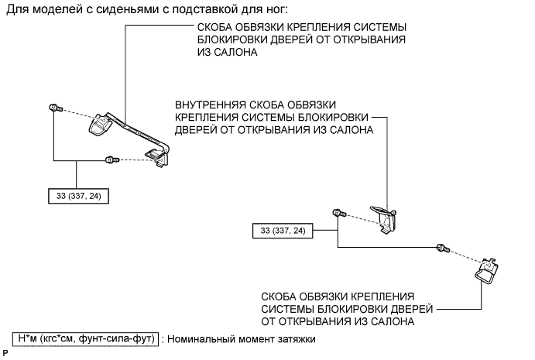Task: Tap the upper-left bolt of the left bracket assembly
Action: pyautogui.click(x=54, y=108)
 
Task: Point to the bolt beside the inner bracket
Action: pyautogui.click(x=338, y=213)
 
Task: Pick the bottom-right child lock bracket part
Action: pyautogui.click(x=485, y=270)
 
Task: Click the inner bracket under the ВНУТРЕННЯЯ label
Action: pyautogui.click(x=386, y=217)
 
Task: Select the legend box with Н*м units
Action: pyautogui.click(x=84, y=338)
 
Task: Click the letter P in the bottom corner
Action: pyautogui.click(x=5, y=352)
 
